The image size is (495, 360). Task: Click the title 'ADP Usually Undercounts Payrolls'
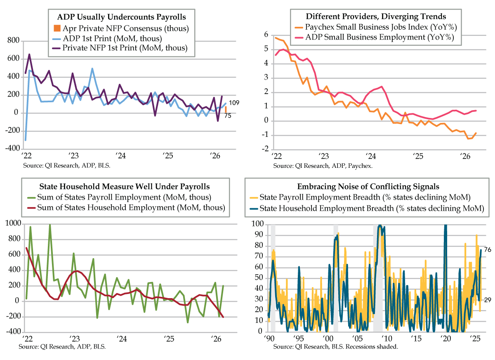point(121,17)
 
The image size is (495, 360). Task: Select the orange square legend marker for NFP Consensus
point(57,28)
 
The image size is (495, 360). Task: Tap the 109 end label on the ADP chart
point(234,103)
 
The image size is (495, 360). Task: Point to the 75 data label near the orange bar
point(228,115)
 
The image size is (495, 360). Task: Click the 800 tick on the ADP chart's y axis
point(13,40)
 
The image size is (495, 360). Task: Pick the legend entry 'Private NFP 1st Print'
point(125,48)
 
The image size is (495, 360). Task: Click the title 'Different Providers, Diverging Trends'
point(376,16)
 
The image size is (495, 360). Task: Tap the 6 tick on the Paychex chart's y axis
point(266,35)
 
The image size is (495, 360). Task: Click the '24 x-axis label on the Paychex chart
point(370,156)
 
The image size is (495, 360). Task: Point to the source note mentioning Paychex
point(323,166)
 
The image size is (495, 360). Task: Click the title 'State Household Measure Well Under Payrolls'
point(125,186)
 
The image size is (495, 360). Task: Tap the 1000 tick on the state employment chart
point(13,223)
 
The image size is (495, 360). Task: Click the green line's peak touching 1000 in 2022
point(50,225)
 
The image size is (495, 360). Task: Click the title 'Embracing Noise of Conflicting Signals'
point(368,186)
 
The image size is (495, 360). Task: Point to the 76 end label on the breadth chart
point(488,249)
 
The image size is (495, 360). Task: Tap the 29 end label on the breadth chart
point(488,300)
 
